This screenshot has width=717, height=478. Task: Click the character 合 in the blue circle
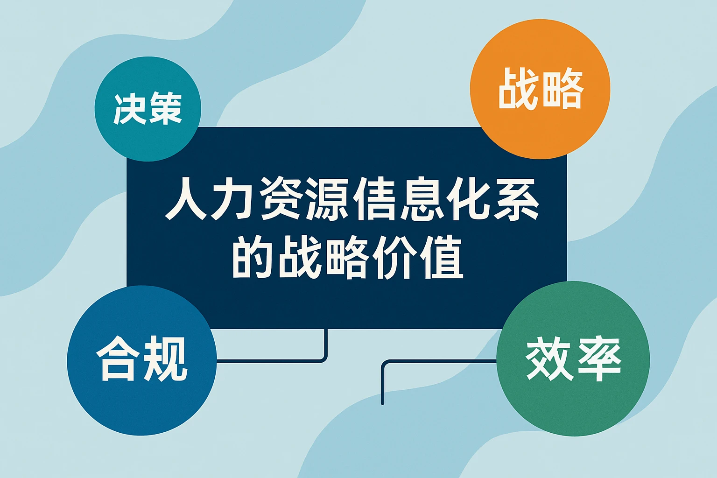118,358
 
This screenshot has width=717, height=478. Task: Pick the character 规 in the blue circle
165,358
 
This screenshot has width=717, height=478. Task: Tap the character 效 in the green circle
548,358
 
